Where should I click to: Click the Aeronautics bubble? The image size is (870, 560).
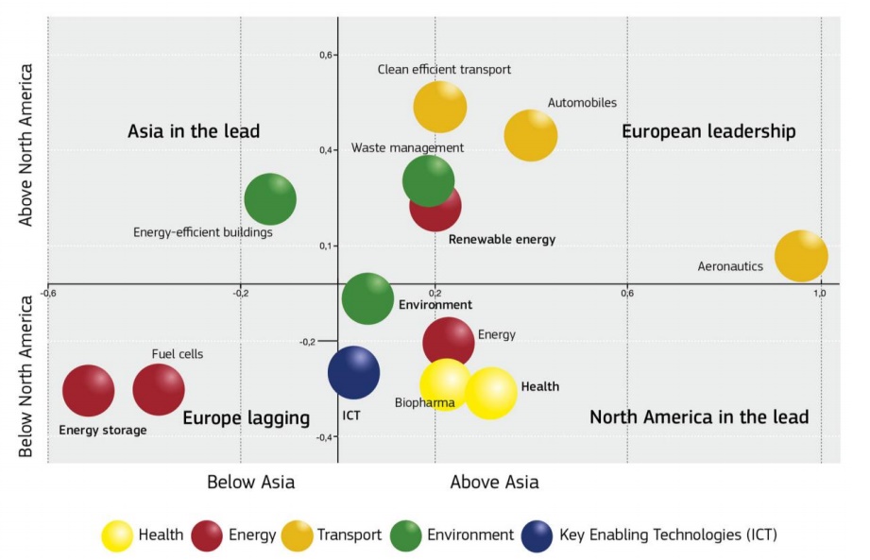[x=801, y=256]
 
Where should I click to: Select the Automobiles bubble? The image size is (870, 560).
[x=531, y=135]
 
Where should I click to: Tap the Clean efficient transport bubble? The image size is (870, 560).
[x=440, y=107]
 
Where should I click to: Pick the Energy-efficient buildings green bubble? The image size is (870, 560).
[x=270, y=199]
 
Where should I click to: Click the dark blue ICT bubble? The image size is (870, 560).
[x=354, y=372]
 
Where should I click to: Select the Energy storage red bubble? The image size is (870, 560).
[x=89, y=390]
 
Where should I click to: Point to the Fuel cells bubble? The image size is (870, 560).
[x=159, y=389]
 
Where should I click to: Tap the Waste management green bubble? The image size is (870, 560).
[x=428, y=180]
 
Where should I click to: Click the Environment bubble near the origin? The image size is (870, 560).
[x=367, y=298]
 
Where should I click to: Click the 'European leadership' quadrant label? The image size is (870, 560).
[x=708, y=131]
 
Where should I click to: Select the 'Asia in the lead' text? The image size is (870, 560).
[x=194, y=131]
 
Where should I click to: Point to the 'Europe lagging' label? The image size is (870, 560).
[x=246, y=418]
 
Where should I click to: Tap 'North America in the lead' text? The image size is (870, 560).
[x=699, y=416]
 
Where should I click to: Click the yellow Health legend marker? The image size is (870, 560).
[x=118, y=535]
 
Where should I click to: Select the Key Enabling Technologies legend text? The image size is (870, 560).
[x=668, y=535]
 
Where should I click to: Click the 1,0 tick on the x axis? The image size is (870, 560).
[x=821, y=293]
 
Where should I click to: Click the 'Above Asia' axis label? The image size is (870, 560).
[x=494, y=483]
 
